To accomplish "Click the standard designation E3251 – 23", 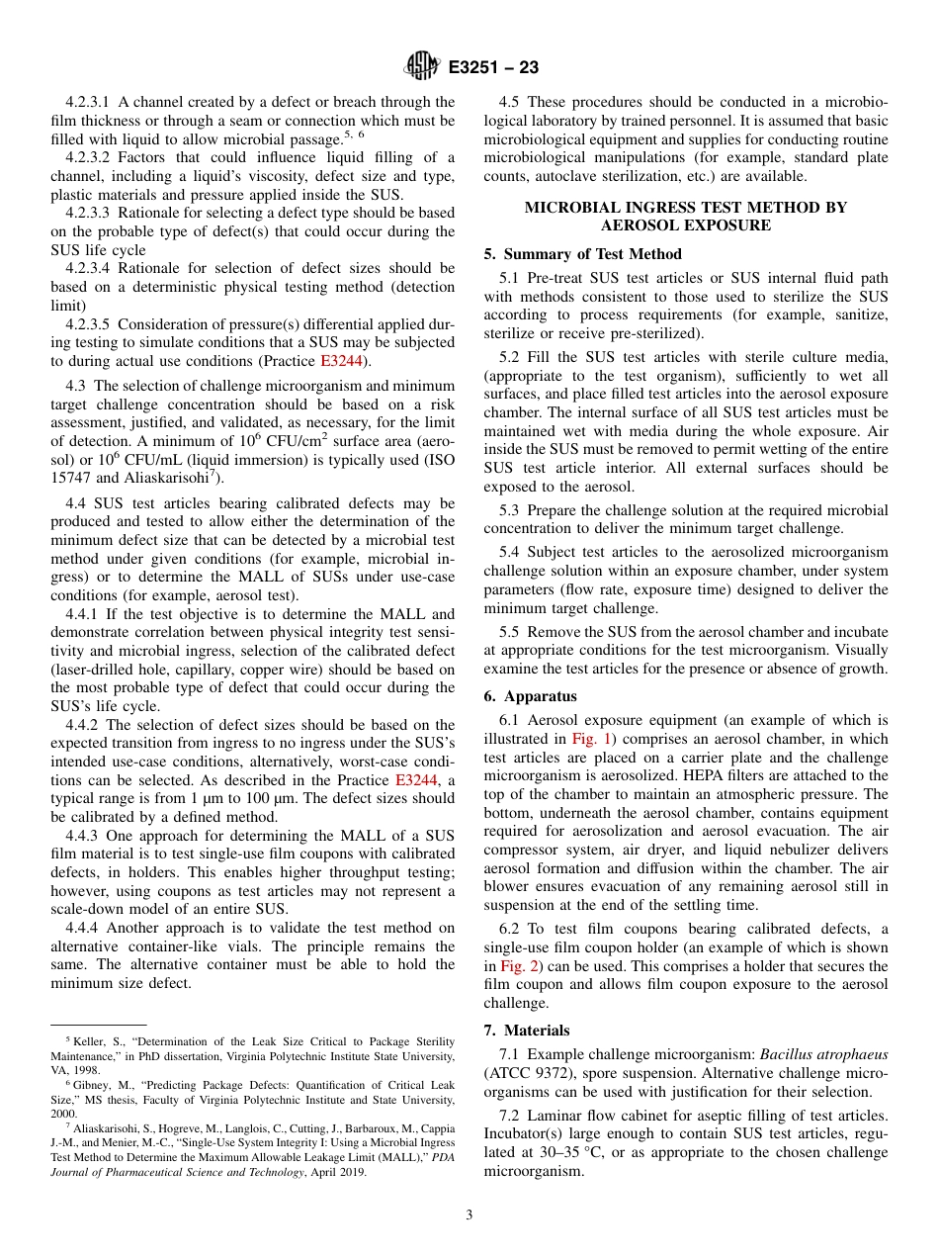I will tap(493, 67).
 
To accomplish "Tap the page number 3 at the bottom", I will tap(469, 1215).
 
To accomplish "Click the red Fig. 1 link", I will tap(588, 739).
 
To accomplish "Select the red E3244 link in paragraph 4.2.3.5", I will tap(341, 361).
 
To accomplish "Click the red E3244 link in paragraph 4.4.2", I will tap(415, 779).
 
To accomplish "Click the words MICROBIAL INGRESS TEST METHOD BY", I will tap(685, 207).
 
